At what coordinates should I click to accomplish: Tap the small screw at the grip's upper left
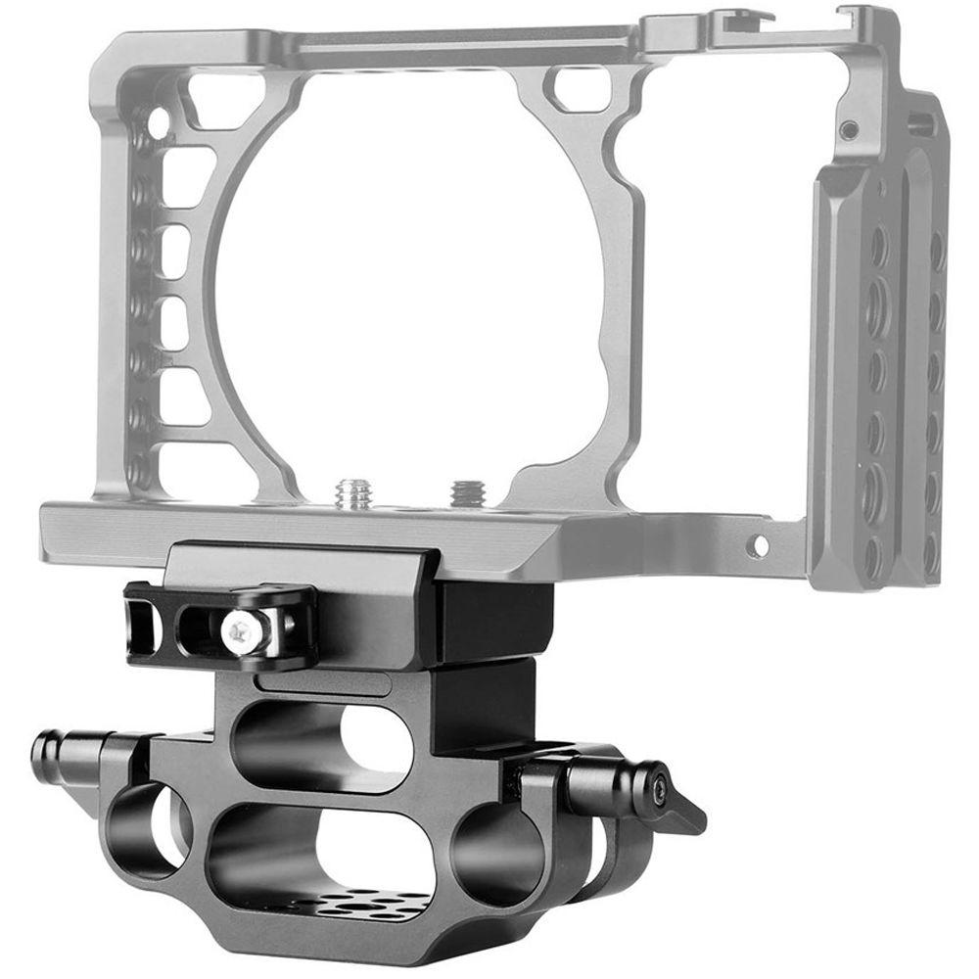[x=848, y=129]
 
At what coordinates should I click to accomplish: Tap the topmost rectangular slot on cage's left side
[x=187, y=176]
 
